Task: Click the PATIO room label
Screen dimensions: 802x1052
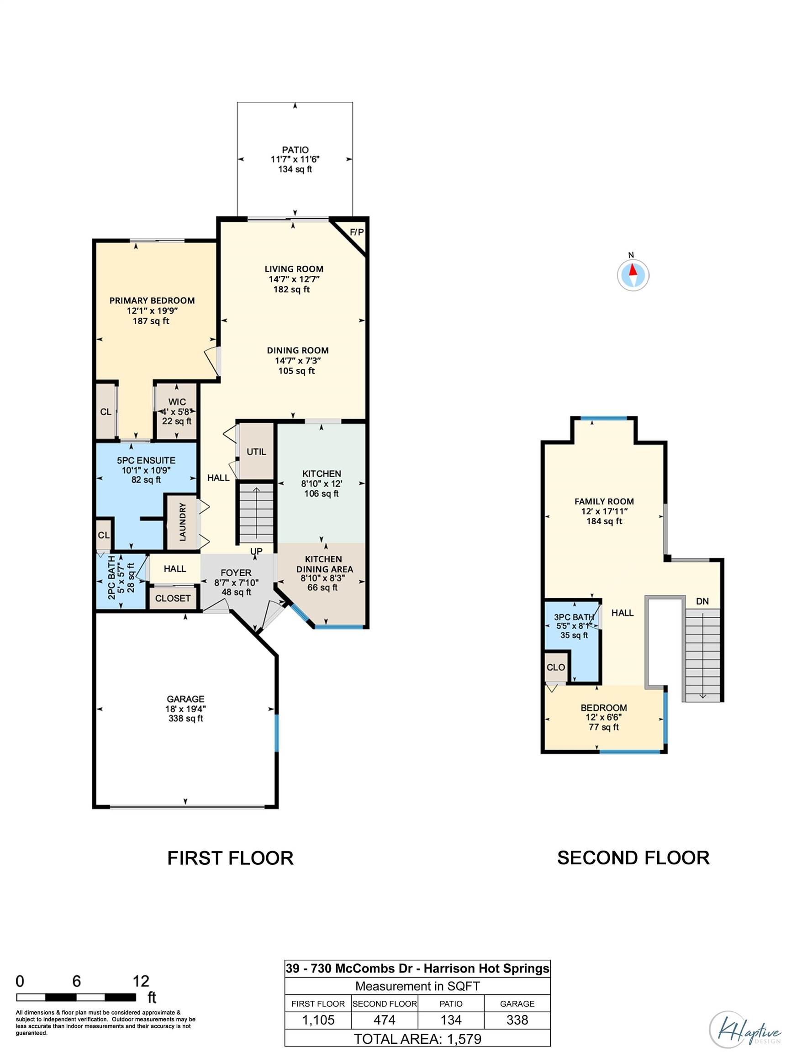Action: tap(295, 150)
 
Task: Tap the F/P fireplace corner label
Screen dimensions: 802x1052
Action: tap(357, 232)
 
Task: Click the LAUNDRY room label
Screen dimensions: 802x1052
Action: tap(182, 522)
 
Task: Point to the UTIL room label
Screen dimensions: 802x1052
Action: tap(256, 452)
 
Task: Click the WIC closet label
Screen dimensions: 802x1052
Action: tap(177, 402)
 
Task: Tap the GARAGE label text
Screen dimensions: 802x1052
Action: tap(186, 699)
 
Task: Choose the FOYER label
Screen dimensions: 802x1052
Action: tap(236, 573)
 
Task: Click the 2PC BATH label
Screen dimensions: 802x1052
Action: tap(111, 578)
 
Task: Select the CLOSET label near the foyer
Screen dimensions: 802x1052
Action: tap(173, 598)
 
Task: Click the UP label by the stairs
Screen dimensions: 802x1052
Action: tap(256, 551)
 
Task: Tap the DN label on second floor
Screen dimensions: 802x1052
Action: tap(702, 601)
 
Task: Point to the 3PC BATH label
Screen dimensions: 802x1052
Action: tap(574, 617)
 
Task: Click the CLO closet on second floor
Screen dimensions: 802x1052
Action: tap(556, 667)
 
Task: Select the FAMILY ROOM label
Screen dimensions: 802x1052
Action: tap(604, 501)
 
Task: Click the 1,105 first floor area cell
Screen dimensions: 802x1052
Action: tap(318, 1020)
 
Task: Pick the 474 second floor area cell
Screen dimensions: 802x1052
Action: tap(384, 1020)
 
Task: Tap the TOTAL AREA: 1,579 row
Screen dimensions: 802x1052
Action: tap(417, 1039)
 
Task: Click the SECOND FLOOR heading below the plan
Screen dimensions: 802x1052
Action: tap(633, 858)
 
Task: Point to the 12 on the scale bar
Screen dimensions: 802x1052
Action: tap(141, 981)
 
